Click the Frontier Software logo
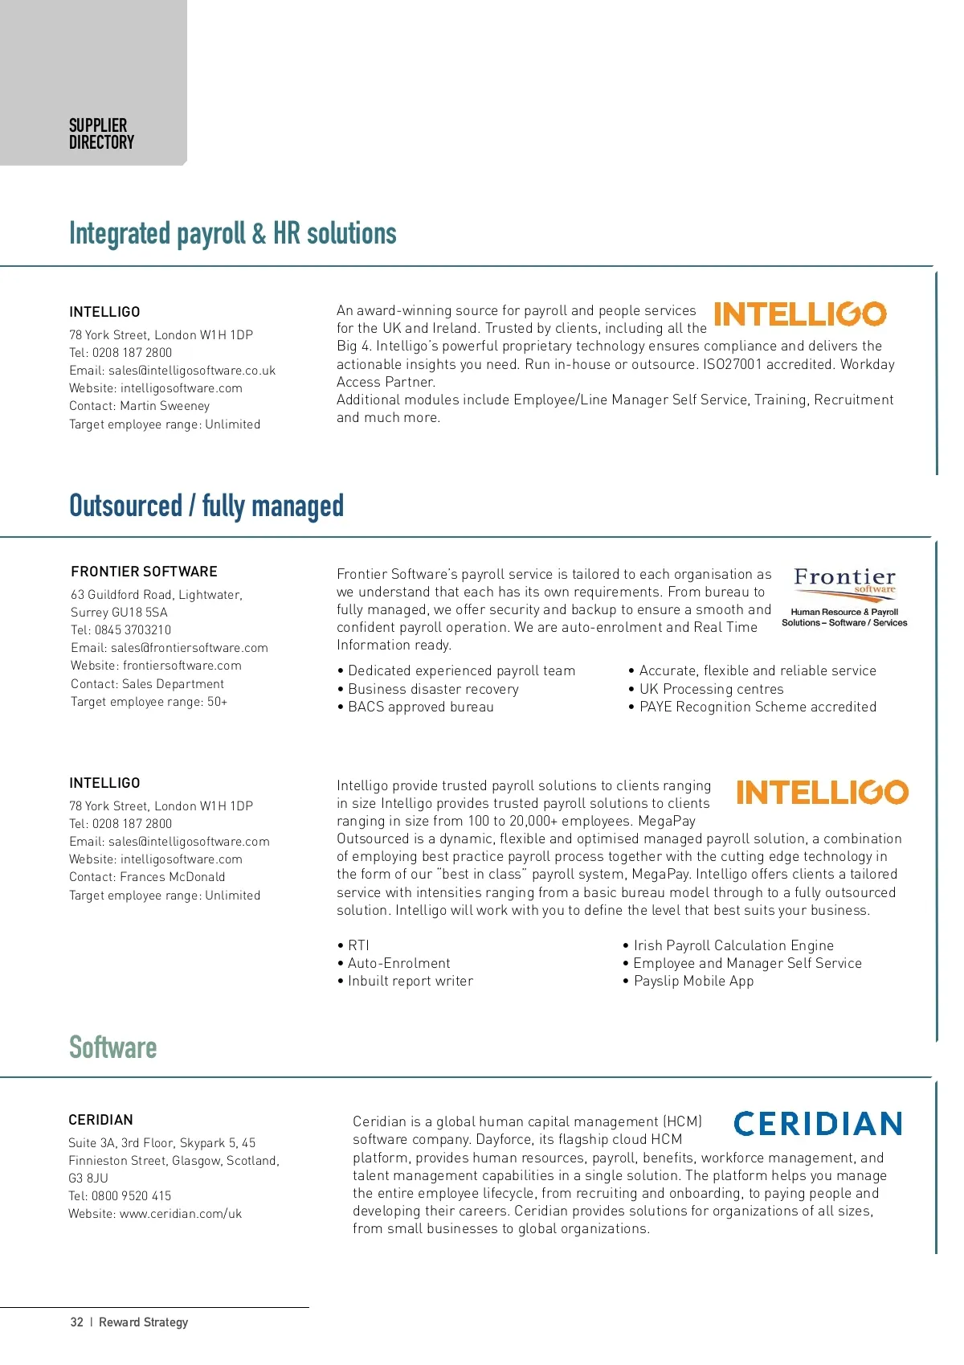pos(844,597)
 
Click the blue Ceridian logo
pos(818,1123)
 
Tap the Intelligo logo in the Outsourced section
pos(822,793)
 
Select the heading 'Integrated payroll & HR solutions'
pos(233,234)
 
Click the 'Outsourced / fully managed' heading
pos(206,506)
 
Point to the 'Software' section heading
pos(113,1047)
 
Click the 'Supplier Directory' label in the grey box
pos(101,134)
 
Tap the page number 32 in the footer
pos(77,1322)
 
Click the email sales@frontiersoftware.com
pos(190,648)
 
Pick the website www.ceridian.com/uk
pos(181,1214)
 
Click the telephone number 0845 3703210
pos(133,630)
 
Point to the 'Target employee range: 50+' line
pos(149,702)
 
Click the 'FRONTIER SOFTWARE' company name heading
pos(145,572)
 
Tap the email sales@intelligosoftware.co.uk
pos(192,371)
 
